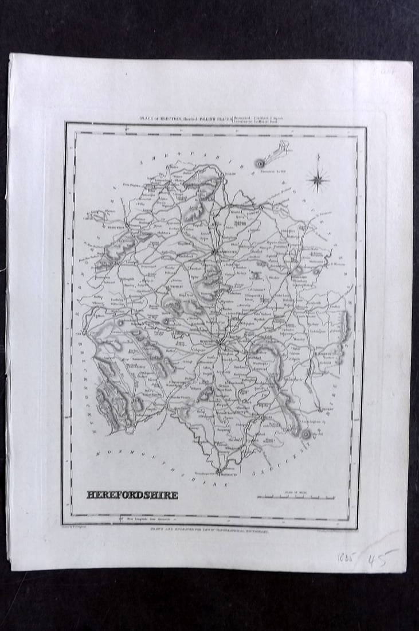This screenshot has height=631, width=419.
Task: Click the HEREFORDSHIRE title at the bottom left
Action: [x=132, y=495]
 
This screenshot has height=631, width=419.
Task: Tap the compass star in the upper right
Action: [x=318, y=180]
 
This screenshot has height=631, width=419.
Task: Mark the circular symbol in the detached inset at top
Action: [x=260, y=163]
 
